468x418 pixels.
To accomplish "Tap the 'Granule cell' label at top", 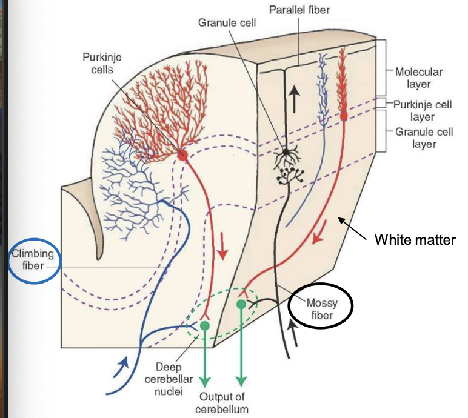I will click(227, 23).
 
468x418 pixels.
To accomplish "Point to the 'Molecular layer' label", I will click(419, 78).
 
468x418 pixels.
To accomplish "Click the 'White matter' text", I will click(414, 240).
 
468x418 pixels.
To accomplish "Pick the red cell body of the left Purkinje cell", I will click(182, 156).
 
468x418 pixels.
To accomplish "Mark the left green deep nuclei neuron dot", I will click(205, 326).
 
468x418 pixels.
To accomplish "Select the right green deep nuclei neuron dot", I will click(241, 304).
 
